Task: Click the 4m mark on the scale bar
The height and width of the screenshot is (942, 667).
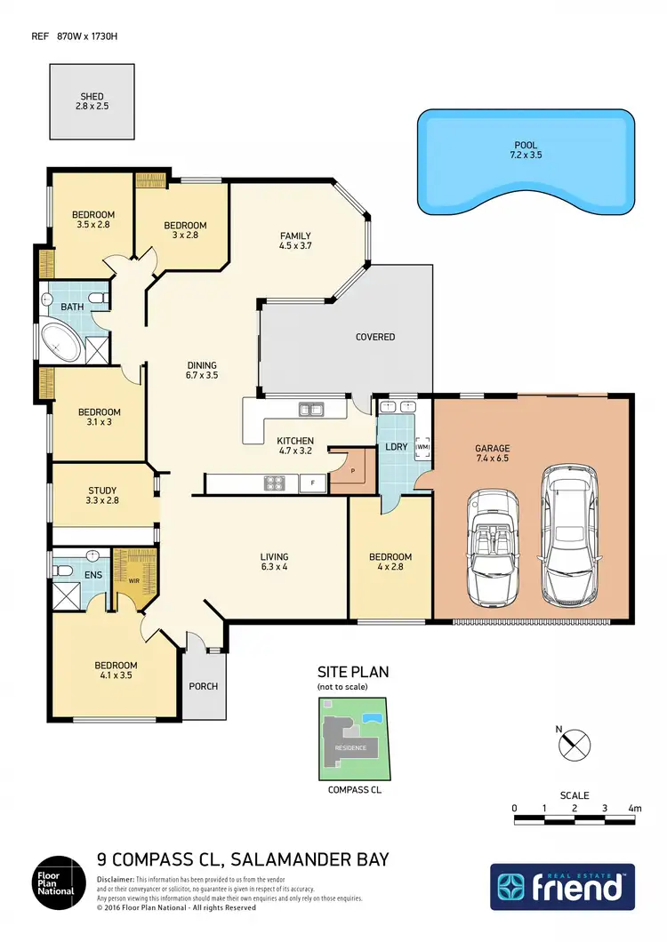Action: tap(633, 809)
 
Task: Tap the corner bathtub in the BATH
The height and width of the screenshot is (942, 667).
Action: tap(60, 343)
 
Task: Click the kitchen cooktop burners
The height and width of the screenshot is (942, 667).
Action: tap(273, 483)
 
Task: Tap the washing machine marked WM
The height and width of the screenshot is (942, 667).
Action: tap(422, 445)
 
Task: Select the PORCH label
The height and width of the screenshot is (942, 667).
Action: tap(204, 686)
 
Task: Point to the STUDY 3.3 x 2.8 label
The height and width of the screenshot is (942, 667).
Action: tap(102, 496)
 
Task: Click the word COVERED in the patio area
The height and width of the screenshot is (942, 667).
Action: tap(375, 337)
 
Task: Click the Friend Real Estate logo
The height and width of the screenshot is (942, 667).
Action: tap(562, 887)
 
